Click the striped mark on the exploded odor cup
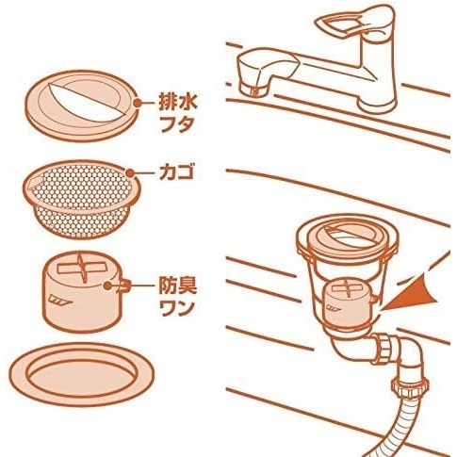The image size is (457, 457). click(x=59, y=301)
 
